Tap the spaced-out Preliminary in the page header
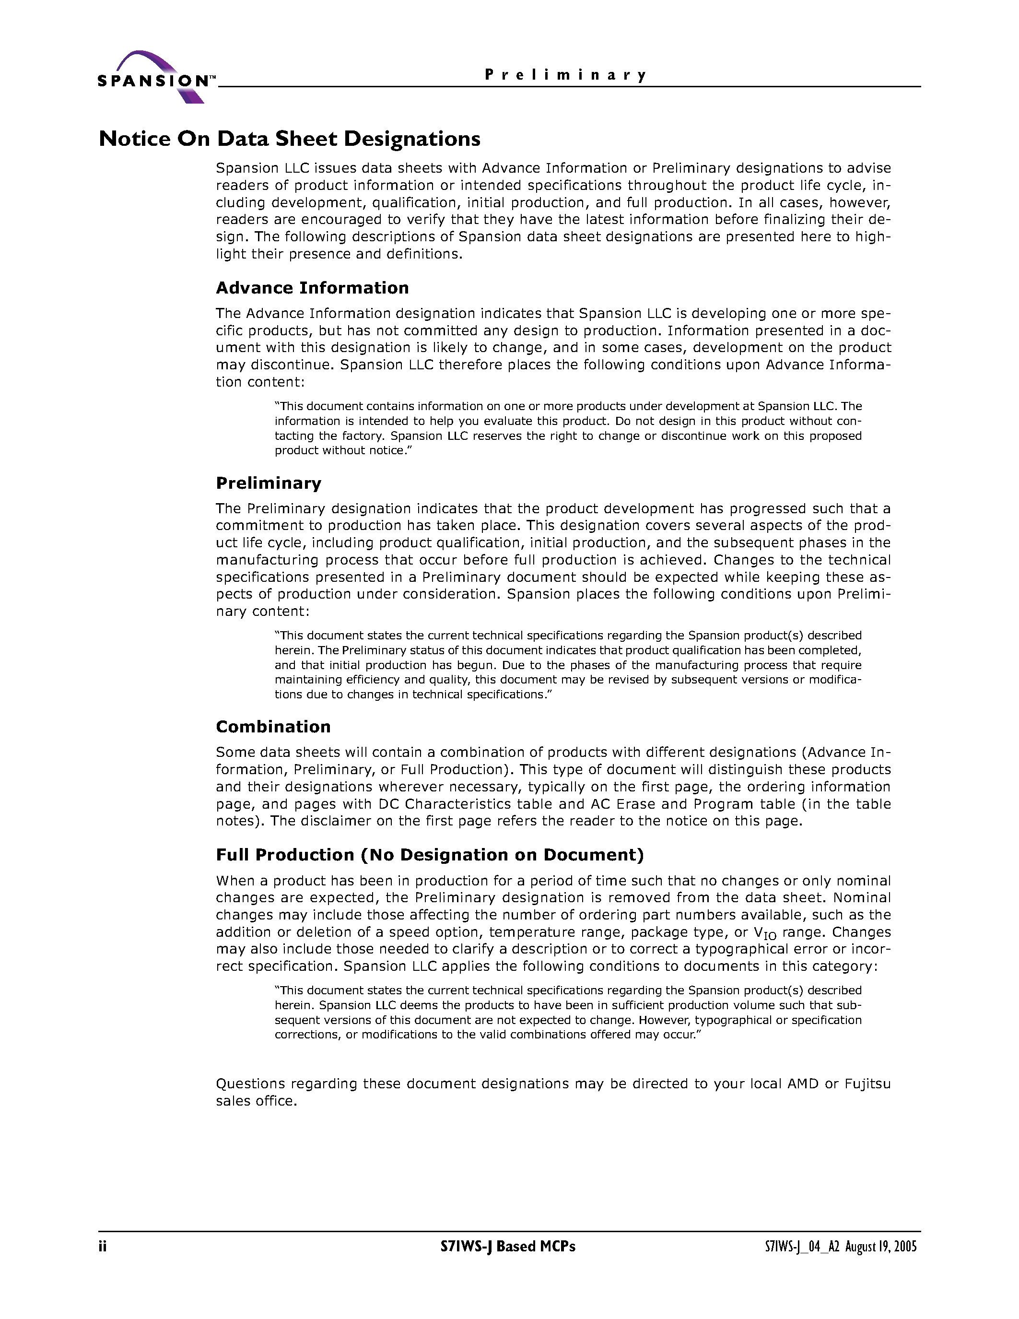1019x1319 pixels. tap(566, 75)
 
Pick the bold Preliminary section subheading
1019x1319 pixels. tap(269, 483)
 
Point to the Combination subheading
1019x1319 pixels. tap(273, 726)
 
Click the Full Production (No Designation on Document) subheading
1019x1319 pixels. tap(430, 855)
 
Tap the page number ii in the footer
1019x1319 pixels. tap(103, 1246)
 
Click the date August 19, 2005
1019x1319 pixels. tap(881, 1247)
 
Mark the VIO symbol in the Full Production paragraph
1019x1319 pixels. tap(765, 933)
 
